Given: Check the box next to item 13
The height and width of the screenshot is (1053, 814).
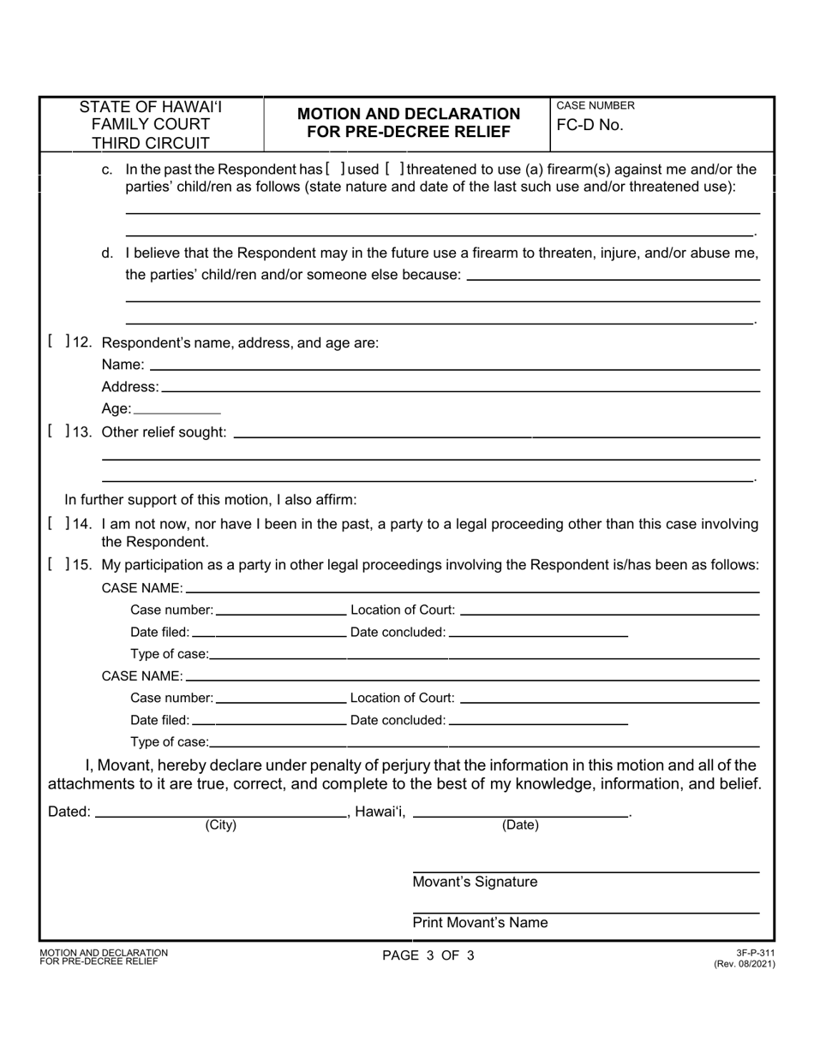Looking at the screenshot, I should click(x=57, y=431).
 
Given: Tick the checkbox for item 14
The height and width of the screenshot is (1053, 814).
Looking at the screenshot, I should click(x=57, y=524).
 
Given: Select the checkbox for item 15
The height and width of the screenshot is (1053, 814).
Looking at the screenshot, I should click(x=57, y=565).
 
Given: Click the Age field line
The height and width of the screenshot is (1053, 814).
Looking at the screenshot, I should click(x=177, y=408).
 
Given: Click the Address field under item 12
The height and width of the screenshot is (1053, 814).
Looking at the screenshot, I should click(x=459, y=387).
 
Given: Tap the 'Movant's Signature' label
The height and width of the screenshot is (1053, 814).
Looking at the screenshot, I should click(x=475, y=882).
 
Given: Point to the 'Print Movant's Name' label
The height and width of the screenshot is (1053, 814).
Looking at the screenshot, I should click(x=480, y=923).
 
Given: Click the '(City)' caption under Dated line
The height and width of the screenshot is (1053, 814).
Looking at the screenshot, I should click(x=220, y=825).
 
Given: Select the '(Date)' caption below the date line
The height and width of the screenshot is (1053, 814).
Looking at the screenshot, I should click(x=520, y=825).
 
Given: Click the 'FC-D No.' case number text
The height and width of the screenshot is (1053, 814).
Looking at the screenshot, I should click(x=590, y=125).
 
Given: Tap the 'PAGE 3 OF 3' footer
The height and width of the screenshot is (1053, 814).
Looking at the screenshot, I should click(x=428, y=956).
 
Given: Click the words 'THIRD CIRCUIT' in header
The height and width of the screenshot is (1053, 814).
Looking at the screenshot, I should click(x=151, y=142).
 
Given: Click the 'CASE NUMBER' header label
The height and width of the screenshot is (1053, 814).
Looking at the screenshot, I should click(x=596, y=105).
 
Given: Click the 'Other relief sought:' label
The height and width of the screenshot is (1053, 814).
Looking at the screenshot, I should click(x=165, y=431).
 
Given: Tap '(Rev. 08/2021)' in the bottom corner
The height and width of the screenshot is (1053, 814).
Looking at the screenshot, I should click(x=744, y=963).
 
